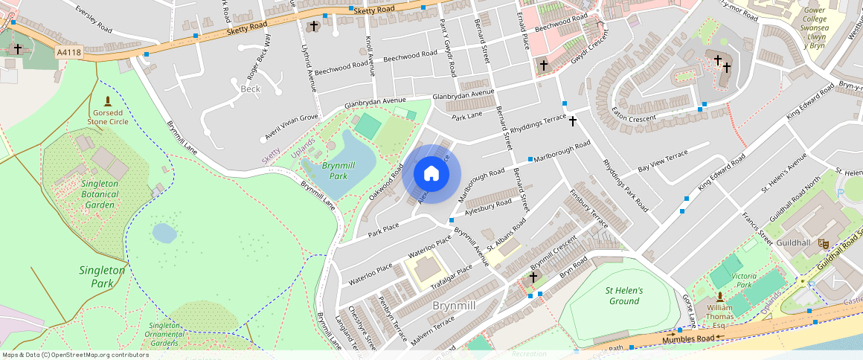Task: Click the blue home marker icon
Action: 431,175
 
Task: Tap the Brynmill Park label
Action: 335,170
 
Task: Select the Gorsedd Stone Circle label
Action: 108,116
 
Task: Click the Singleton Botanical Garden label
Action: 100,194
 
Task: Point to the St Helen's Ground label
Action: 623,295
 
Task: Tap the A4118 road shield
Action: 68,52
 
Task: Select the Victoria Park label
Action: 744,280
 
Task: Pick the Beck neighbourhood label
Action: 251,89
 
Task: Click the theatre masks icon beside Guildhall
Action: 824,242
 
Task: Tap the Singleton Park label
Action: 102,277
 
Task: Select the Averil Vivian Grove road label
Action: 292,126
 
